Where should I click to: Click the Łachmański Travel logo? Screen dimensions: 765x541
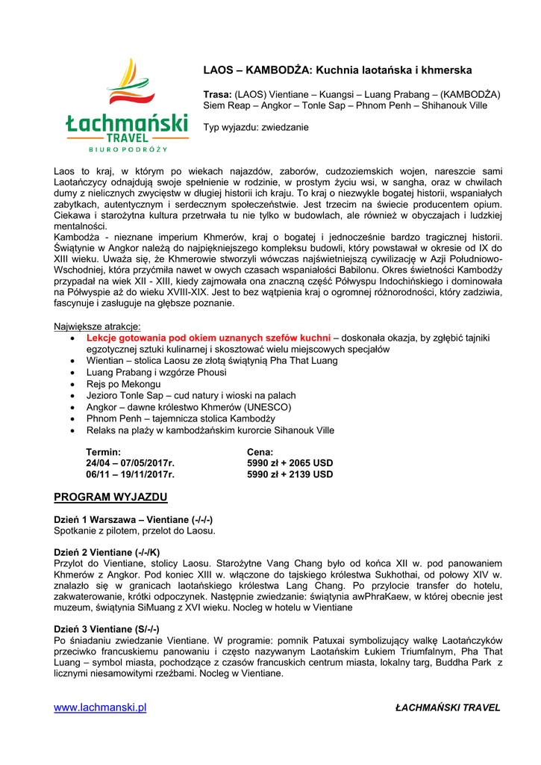pos(125,106)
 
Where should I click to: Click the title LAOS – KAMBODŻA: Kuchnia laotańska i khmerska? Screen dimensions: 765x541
pos(337,70)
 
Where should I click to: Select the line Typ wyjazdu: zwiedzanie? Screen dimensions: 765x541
pos(256,128)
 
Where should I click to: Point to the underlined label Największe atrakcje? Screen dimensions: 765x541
pos(97,326)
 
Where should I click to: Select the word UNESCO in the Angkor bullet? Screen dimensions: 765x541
pos(268,407)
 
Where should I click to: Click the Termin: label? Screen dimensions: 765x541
pos(104,453)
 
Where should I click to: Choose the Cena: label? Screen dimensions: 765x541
pos(260,453)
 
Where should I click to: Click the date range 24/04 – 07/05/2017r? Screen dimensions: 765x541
pos(131,463)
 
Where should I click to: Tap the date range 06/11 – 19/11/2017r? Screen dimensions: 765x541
pos(131,474)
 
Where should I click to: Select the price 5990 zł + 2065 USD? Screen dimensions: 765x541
pos(290,463)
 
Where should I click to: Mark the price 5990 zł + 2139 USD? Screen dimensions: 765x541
pos(290,474)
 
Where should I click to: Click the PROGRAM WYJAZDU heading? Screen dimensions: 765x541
pos(110,497)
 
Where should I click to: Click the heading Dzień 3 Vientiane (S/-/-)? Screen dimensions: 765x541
pos(107,629)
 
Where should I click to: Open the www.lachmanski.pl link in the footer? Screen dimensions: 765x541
pos(100,707)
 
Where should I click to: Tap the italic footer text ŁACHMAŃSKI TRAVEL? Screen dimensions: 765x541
pos(448,707)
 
